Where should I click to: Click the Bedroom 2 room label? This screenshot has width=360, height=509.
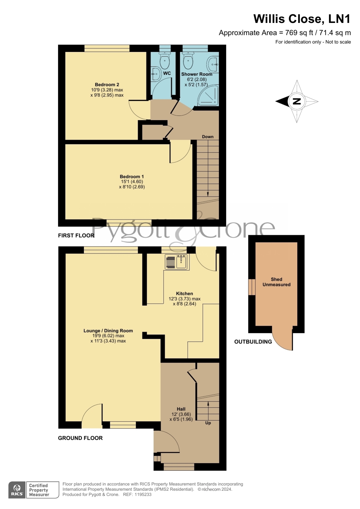107,85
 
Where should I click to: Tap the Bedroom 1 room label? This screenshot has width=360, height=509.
132,177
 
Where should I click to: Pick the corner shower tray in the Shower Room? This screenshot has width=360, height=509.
208,95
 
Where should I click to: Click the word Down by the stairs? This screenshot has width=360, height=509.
208,137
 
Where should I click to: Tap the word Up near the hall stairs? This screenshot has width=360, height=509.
208,423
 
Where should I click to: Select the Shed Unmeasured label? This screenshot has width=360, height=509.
276,282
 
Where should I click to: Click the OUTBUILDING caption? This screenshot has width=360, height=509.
253,342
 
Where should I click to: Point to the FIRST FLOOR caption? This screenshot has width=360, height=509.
76,236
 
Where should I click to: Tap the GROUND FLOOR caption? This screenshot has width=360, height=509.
80,438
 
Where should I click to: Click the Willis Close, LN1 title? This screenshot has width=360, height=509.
302,19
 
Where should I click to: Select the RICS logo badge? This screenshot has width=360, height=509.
17,490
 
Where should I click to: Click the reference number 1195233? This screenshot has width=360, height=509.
143,494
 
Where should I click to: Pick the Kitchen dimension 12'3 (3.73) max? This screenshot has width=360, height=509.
184,299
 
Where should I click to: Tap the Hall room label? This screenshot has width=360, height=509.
181,409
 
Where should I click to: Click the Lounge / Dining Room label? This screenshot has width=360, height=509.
108,331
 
